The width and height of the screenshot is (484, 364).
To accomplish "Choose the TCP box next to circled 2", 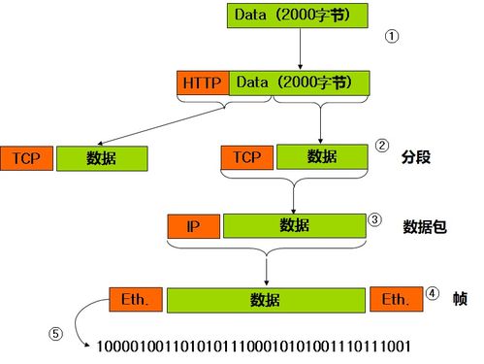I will (247, 156).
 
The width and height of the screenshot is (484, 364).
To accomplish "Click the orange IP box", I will (194, 226).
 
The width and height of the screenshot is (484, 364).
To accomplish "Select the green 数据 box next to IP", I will (294, 226).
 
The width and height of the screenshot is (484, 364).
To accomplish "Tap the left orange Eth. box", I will (135, 300).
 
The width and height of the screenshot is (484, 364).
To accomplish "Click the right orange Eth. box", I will (394, 300).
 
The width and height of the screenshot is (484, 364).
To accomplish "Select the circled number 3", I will (374, 219).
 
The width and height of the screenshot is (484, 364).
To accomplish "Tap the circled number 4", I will (433, 292).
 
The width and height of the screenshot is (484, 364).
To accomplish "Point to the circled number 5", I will (56, 334).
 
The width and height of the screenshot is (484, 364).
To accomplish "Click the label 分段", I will (414, 155).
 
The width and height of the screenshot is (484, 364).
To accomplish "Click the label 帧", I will (460, 299).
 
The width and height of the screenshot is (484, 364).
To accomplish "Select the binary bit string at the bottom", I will (255, 346).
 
